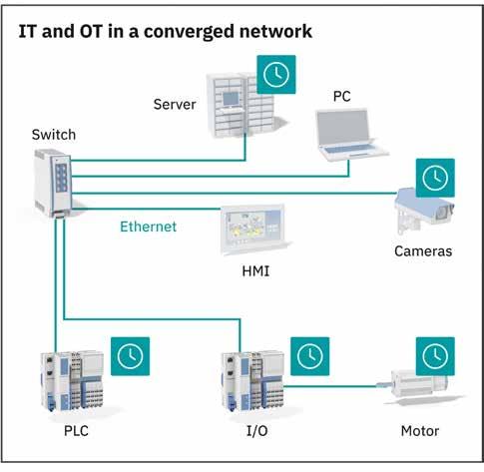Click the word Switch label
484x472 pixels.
point(54,135)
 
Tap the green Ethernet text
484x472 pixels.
point(148,227)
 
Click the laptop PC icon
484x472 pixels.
point(350,135)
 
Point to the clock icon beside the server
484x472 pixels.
point(276,75)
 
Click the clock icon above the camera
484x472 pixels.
point(435,178)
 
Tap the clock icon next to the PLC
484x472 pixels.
point(130,356)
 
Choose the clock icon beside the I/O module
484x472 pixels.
point(310,356)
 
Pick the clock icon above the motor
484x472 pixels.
point(435,356)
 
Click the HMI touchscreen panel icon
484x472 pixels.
point(253,230)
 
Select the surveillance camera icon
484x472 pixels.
point(424,211)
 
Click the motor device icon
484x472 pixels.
point(420,387)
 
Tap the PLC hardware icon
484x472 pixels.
point(72,381)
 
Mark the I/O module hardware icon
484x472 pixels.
point(253,381)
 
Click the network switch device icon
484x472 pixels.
point(53,184)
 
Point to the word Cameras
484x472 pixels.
point(423,251)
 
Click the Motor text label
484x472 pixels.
point(420,431)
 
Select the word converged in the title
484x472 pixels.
point(189,32)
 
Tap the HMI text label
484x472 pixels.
point(255,271)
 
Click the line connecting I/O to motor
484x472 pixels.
point(331,386)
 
